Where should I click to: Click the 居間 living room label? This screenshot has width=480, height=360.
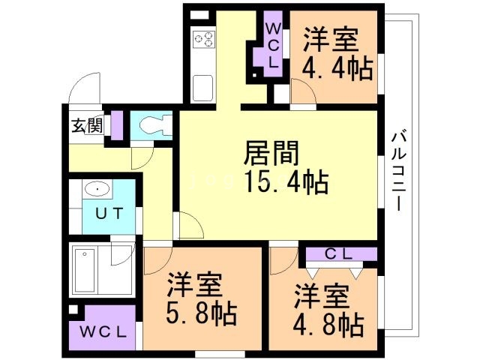(271, 153)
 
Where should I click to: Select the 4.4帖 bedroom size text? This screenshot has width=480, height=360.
(337, 68)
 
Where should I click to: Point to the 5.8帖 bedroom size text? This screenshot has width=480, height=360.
(202, 313)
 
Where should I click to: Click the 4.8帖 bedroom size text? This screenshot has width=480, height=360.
(328, 325)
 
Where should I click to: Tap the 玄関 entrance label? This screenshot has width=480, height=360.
(87, 125)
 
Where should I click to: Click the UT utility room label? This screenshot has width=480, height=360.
(109, 213)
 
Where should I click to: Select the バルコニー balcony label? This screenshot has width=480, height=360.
(398, 170)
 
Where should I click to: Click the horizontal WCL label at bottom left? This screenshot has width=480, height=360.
(103, 331)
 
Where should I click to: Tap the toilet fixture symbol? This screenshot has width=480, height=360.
(156, 125)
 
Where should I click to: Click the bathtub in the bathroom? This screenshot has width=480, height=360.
(85, 270)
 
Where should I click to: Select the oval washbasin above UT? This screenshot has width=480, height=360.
(97, 188)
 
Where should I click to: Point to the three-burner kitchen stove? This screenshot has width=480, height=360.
(204, 39)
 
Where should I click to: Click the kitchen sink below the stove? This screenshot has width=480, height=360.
(202, 87)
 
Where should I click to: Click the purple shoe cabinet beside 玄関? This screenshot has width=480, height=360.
(117, 125)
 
